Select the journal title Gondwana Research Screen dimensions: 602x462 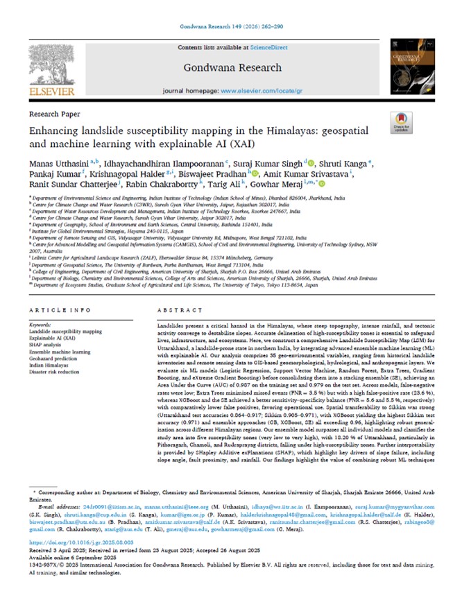232,68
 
